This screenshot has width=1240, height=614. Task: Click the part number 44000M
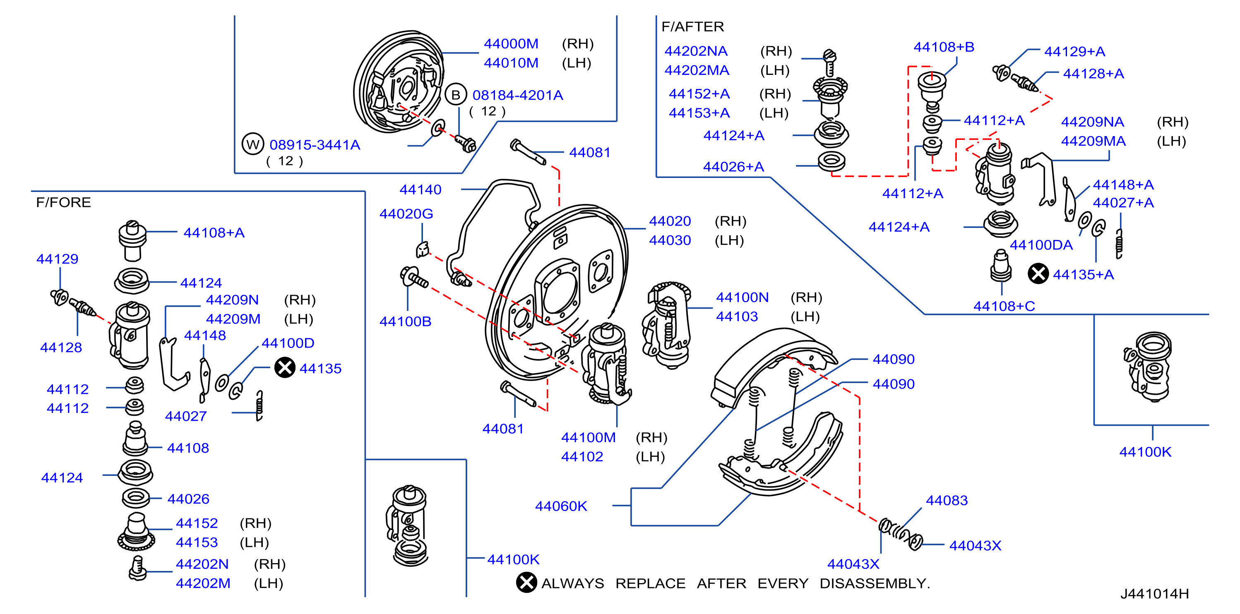click(x=511, y=44)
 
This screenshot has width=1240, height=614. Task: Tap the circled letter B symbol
click(x=455, y=95)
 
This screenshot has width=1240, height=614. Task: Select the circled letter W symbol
click(x=253, y=144)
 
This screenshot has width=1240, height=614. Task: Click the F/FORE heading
click(x=63, y=202)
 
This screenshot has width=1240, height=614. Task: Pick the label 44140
click(x=420, y=189)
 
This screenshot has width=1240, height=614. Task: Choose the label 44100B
click(x=405, y=321)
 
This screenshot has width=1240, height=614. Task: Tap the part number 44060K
click(x=561, y=506)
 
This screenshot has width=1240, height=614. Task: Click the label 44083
click(x=947, y=501)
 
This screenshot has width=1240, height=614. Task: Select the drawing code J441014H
click(x=1154, y=594)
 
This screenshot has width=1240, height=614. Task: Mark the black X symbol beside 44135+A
click(x=1038, y=274)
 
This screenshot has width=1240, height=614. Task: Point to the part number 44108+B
click(x=944, y=47)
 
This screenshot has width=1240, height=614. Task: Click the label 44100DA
click(x=1041, y=245)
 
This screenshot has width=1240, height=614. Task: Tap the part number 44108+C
click(x=1004, y=306)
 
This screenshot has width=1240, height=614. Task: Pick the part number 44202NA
click(x=696, y=51)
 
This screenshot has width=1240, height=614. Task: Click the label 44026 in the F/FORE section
click(x=188, y=499)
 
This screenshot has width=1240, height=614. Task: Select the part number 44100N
click(x=742, y=297)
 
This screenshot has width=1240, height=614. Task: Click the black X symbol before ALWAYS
click(x=526, y=583)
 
